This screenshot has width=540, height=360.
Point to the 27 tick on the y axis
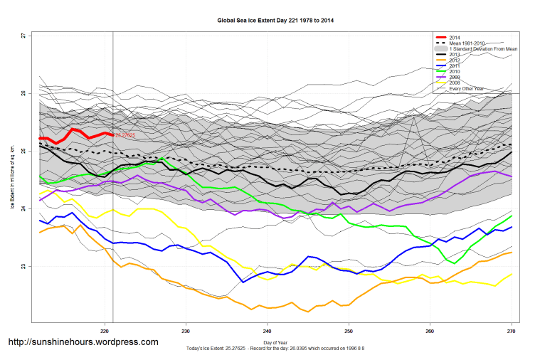pyautogui.click(x=24, y=36)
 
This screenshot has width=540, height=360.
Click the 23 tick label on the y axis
pyautogui.click(x=24, y=267)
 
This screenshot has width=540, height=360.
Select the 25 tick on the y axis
pyautogui.click(x=24, y=152)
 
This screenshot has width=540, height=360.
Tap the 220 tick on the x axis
pyautogui.click(x=105, y=331)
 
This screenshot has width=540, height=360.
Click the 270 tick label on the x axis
pyautogui.click(x=511, y=331)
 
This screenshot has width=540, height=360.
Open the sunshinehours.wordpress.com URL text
pyautogui.click(x=82, y=342)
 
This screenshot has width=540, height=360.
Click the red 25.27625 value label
pyautogui.click(x=125, y=135)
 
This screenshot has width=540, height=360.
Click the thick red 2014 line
pyautogui.click(x=75, y=130)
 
